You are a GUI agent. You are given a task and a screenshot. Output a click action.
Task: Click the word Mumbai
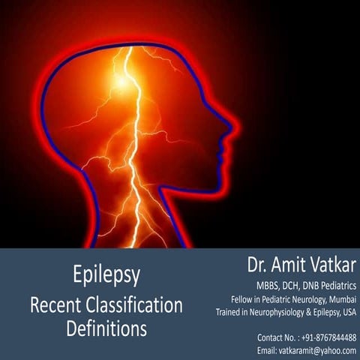(x=340, y=299)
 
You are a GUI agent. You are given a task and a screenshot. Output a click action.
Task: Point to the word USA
(x=348, y=311)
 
